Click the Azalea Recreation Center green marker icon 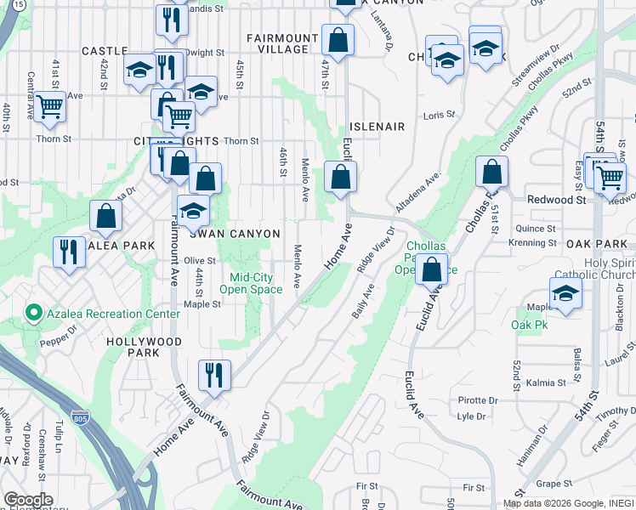point(34,314)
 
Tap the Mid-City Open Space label point(251,283)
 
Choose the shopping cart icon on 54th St point(610,178)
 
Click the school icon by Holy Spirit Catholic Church point(565,293)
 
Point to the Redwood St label point(569,200)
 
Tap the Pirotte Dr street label point(478,399)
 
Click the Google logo point(28,500)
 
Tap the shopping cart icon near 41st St point(50,106)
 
